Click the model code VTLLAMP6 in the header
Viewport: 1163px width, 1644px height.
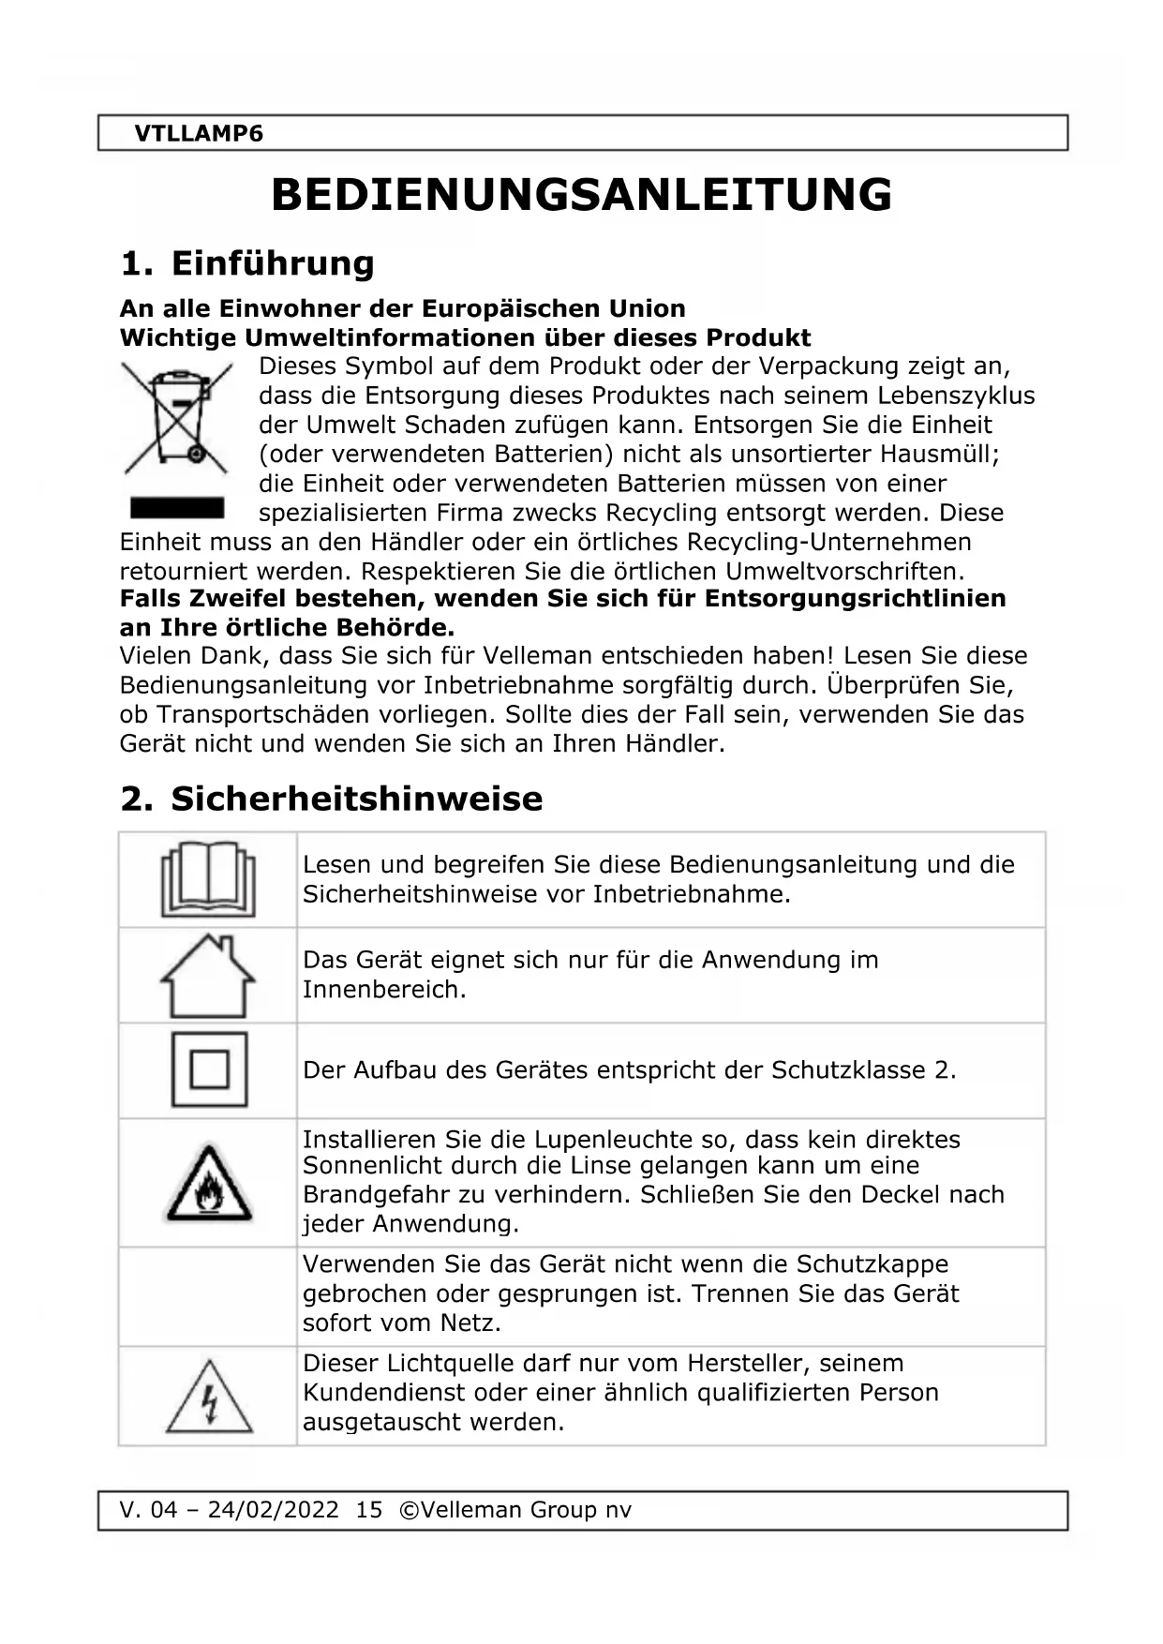click(199, 134)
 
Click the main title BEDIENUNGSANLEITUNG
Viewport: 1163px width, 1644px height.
click(581, 195)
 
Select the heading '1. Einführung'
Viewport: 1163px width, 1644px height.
click(247, 263)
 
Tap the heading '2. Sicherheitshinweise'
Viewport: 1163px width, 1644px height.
click(332, 799)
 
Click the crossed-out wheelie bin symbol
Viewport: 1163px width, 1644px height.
click(176, 417)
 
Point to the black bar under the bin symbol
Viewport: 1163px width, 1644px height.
click(177, 508)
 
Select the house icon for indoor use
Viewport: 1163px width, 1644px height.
click(208, 976)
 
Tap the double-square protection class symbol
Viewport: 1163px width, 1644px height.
click(209, 1069)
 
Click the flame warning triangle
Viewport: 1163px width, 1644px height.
click(208, 1184)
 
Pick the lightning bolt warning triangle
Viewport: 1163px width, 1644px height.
click(209, 1397)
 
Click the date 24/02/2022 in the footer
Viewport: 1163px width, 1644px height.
click(273, 1510)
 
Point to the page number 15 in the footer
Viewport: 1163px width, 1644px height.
click(369, 1510)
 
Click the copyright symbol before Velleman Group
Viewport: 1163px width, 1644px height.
click(409, 1510)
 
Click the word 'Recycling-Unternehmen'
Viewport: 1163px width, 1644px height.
click(829, 542)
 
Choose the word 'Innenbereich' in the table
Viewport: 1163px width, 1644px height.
click(383, 990)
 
